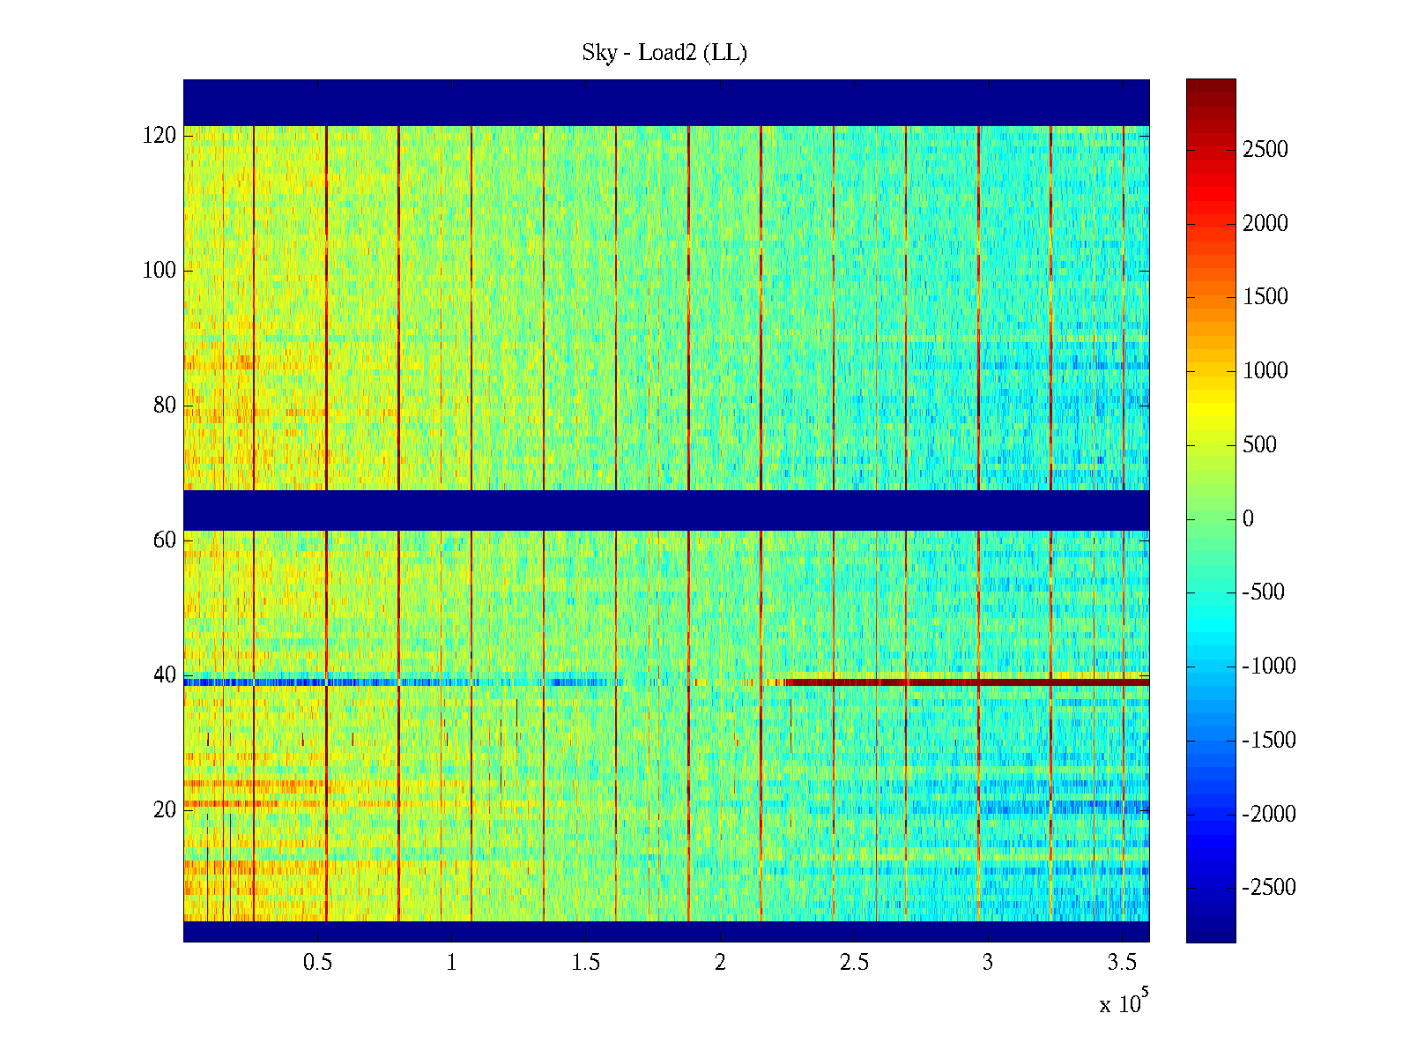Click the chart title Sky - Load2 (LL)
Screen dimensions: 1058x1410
click(664, 53)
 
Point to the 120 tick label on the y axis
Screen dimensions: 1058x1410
click(160, 136)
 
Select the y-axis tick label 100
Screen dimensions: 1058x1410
click(160, 271)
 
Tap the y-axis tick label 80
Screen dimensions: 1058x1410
click(165, 406)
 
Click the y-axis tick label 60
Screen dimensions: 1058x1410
click(165, 540)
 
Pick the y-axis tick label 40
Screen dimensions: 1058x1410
click(165, 675)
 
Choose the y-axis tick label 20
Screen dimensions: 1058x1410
click(165, 810)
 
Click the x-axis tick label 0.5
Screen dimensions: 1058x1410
click(317, 963)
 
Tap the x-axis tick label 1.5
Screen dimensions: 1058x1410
click(586, 963)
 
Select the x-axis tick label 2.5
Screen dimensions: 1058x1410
click(854, 963)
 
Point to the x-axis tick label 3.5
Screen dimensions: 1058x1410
click(1122, 963)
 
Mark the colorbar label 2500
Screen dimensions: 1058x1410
click(1265, 150)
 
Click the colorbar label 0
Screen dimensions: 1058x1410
click(1248, 518)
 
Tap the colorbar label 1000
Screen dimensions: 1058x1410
click(1265, 371)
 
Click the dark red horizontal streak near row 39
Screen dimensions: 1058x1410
click(969, 682)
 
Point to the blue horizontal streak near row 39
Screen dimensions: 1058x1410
click(352, 682)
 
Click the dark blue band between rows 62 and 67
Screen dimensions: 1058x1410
click(666, 510)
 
